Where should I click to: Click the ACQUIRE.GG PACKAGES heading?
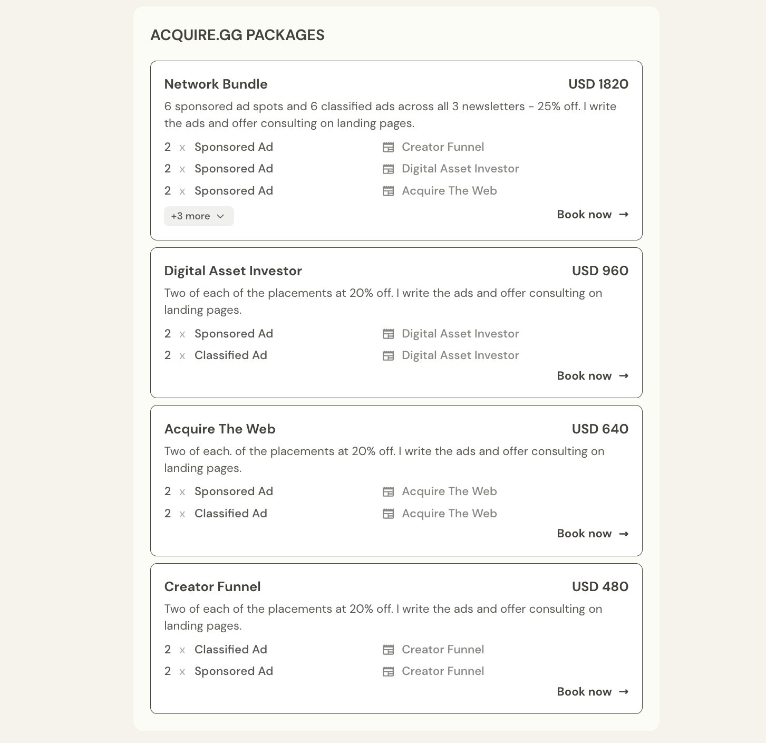(x=237, y=35)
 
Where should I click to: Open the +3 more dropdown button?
(x=199, y=216)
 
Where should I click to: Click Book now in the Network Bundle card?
(x=593, y=215)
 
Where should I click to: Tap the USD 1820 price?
(x=598, y=84)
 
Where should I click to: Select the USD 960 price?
(x=600, y=271)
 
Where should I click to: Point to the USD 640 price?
(x=600, y=429)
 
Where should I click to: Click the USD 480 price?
(x=600, y=587)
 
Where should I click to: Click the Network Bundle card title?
(x=216, y=84)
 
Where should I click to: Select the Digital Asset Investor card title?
(x=233, y=271)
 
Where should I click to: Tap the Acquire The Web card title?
(x=220, y=429)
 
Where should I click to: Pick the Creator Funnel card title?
(x=212, y=587)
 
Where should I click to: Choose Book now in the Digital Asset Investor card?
(x=593, y=376)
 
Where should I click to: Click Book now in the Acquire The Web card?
(x=593, y=534)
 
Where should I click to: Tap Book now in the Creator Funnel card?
(x=593, y=692)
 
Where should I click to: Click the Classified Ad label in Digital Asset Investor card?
(x=230, y=355)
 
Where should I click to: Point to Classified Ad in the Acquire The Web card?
(x=230, y=514)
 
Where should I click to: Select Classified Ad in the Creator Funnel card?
(x=230, y=650)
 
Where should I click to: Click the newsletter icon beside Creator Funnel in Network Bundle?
(x=388, y=148)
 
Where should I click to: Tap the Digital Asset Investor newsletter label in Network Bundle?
(x=460, y=169)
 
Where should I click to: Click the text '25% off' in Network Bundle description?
(x=558, y=107)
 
